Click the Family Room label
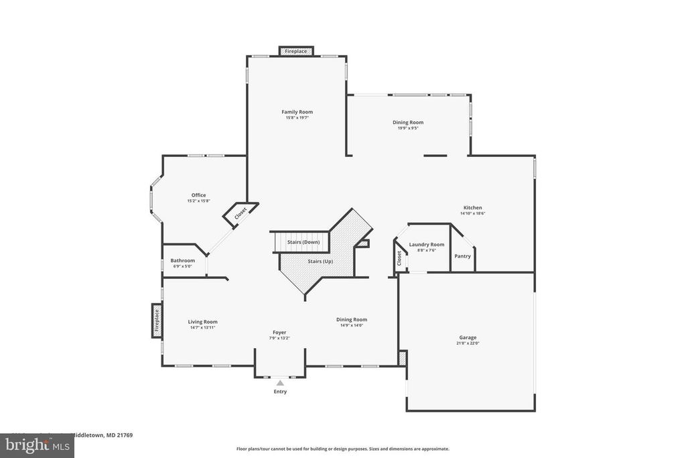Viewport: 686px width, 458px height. [297, 112]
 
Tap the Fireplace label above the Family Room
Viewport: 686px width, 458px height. [295, 52]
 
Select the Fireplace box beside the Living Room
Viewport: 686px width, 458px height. [156, 320]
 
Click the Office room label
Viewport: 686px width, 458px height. [198, 195]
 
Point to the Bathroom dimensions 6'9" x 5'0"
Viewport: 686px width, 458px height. [182, 266]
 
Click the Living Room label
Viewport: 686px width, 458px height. [202, 322]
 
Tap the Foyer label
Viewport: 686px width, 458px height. [279, 332]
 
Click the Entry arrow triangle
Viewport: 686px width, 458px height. [280, 383]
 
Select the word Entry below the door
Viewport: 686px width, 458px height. [280, 392]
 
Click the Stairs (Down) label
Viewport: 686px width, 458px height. [303, 242]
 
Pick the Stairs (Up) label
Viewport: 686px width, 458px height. [320, 261]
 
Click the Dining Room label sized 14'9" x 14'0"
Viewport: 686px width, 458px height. [352, 320]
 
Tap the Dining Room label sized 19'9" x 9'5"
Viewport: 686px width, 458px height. [408, 122]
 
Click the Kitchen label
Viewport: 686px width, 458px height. [472, 208]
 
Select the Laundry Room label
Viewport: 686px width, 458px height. [427, 245]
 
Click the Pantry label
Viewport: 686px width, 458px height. [462, 256]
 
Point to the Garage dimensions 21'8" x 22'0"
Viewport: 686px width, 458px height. [468, 343]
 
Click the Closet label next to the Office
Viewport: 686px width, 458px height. [241, 213]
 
